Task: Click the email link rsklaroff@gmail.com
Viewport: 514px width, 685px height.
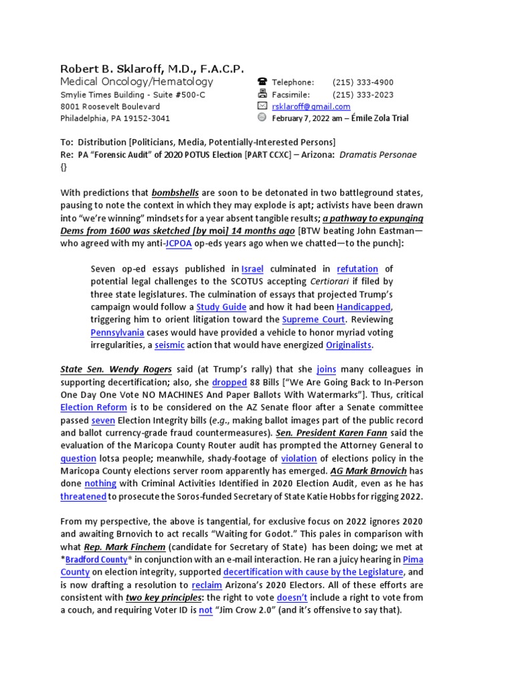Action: click(311, 106)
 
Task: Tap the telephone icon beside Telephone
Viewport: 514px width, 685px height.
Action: click(262, 82)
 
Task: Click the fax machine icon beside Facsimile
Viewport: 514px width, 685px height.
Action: click(262, 94)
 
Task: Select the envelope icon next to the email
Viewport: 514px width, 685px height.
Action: click(262, 106)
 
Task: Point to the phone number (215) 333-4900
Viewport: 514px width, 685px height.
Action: click(363, 82)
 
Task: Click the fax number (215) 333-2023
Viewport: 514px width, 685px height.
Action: click(363, 94)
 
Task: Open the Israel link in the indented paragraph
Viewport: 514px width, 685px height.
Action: click(252, 269)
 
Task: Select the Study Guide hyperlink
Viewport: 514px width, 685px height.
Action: click(221, 307)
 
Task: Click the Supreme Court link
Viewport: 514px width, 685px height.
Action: click(314, 320)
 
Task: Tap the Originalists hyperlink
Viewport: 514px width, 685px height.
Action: click(349, 345)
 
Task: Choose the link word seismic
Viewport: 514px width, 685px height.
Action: click(168, 345)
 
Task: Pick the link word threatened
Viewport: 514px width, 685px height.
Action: click(84, 496)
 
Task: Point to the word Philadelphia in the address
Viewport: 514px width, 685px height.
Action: click(84, 118)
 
